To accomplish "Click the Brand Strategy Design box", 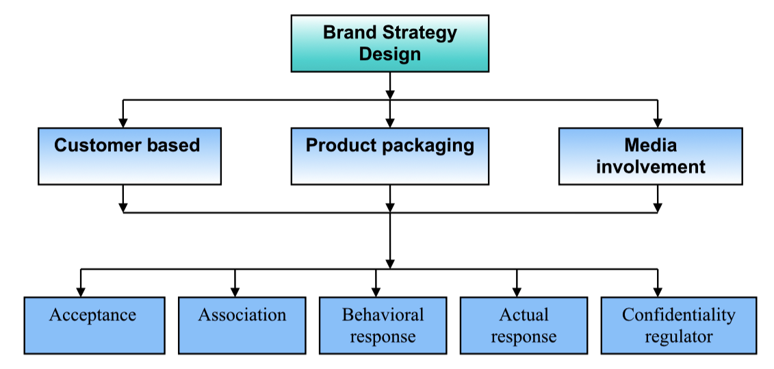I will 389,43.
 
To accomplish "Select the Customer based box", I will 129,155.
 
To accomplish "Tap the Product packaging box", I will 389,155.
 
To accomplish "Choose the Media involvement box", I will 650,155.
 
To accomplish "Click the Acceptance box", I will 94,325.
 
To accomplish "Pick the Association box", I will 242,325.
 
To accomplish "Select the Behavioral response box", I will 383,325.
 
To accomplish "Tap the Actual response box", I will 524,325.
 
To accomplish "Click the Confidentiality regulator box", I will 678,325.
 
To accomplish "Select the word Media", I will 650,145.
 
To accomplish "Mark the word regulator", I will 678,337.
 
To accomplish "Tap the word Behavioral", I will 383,315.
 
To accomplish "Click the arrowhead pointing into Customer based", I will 123,123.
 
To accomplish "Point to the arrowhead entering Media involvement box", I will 658,123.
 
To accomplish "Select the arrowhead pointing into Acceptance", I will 81,292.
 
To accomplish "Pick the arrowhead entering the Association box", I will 235,292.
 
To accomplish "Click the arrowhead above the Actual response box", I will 517,292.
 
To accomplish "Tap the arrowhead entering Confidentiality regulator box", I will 658,292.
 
